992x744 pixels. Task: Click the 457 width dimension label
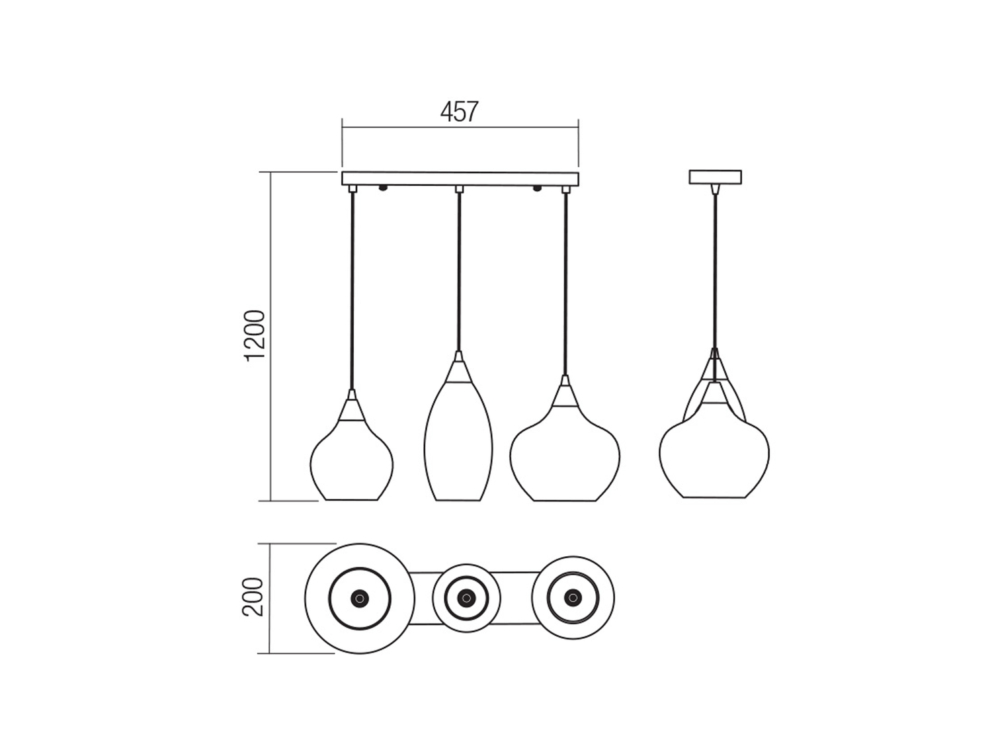459,112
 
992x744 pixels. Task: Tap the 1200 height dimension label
254,336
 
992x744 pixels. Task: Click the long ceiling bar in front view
460,179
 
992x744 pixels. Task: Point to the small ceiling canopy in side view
715,177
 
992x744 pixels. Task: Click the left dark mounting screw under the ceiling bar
383,188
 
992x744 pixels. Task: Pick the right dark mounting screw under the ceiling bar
537,188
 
